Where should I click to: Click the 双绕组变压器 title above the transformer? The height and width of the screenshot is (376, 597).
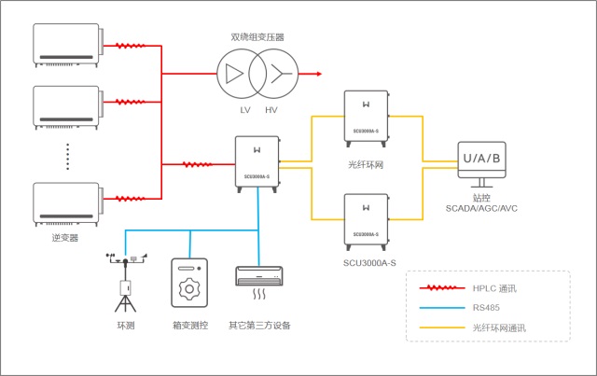(x=257, y=37)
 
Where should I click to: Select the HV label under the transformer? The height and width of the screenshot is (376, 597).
(x=271, y=110)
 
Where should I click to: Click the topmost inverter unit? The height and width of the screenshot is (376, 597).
(x=66, y=45)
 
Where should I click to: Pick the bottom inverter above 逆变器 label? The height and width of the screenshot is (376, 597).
(x=66, y=202)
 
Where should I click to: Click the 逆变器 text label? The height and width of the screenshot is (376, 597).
(x=65, y=238)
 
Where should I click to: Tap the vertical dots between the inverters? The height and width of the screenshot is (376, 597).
(x=67, y=155)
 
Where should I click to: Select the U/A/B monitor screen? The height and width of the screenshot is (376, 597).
(x=481, y=158)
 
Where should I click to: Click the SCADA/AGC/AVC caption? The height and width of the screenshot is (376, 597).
(x=481, y=207)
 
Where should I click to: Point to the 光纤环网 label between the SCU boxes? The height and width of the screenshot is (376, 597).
(x=367, y=165)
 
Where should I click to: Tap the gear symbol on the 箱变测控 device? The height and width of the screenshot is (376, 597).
(x=189, y=287)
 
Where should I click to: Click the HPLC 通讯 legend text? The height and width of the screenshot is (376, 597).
(x=494, y=288)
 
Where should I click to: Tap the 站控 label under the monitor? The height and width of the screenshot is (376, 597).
(x=481, y=196)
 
